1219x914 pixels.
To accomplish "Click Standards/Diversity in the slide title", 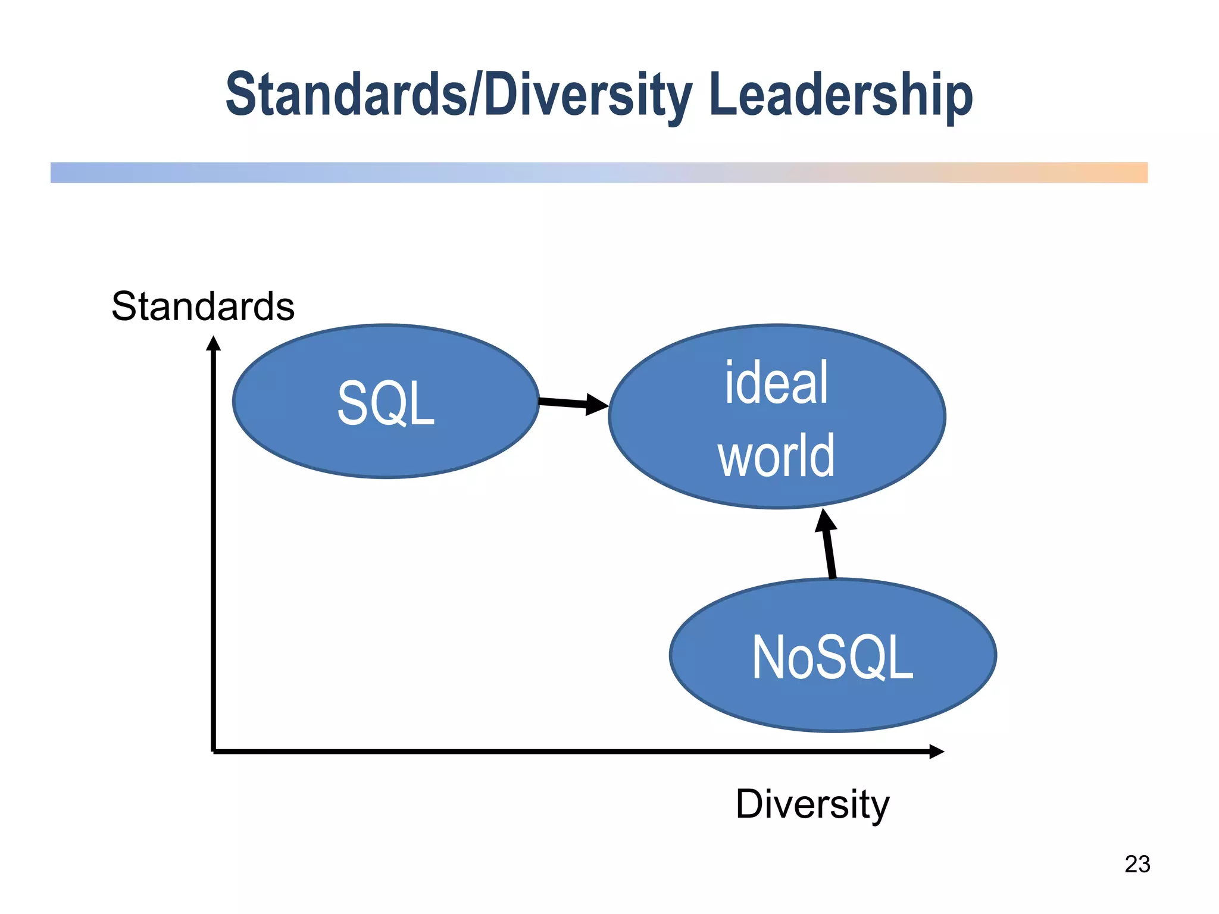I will tap(458, 95).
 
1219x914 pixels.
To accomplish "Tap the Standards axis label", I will tap(203, 306).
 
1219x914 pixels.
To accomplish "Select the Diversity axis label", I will tap(812, 804).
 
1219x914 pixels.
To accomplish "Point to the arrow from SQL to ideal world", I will tap(565, 403).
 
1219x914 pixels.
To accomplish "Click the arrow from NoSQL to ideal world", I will tap(829, 550).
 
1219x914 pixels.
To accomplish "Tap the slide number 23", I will tap(1137, 864).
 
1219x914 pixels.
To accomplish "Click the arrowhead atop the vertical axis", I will tap(213, 344).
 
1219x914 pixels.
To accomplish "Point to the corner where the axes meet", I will tap(213, 752).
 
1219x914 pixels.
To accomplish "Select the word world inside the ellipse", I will tap(776, 455).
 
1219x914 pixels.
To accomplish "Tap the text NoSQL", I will tap(833, 657).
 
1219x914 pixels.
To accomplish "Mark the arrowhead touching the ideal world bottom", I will tap(825, 519).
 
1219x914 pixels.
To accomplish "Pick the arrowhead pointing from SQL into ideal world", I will tap(597, 405).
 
